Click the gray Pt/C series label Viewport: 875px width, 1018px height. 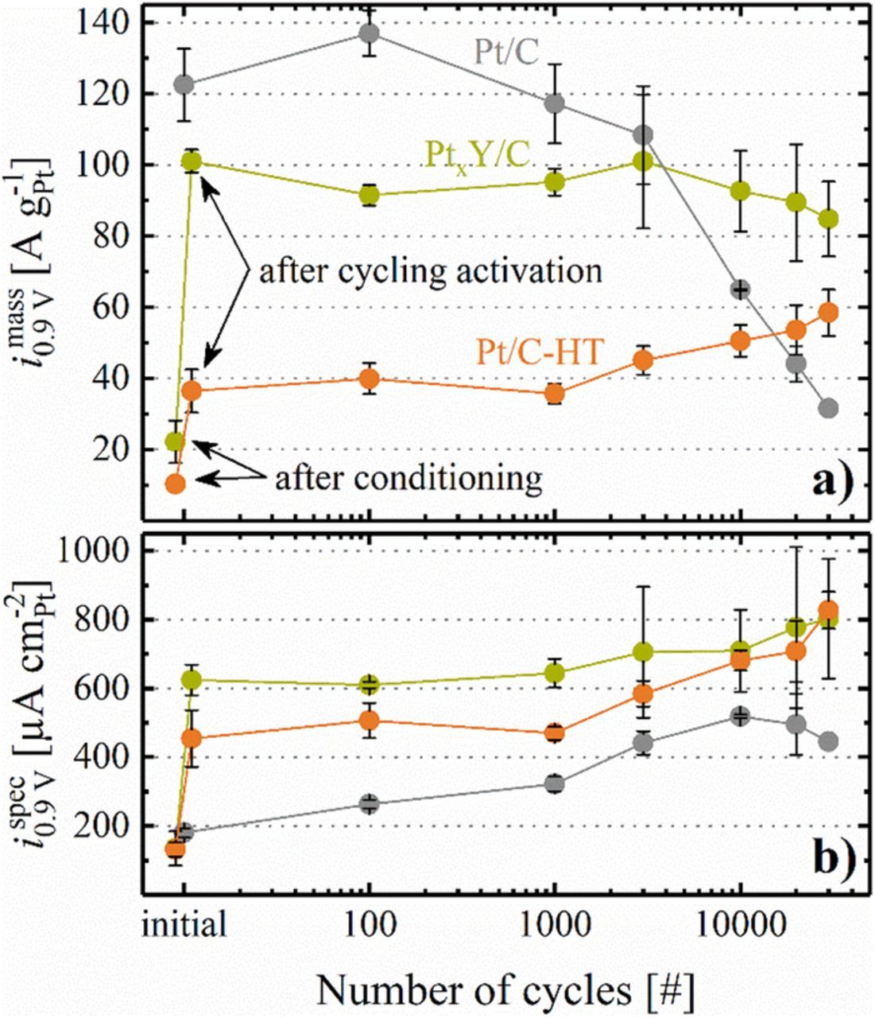[507, 53]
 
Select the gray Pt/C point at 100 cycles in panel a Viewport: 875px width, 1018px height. [369, 33]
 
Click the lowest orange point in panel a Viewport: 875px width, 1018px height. [175, 484]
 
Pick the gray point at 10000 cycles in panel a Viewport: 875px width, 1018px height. [740, 289]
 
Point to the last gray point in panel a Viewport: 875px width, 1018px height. [828, 408]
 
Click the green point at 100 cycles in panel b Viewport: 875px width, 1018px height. [369, 684]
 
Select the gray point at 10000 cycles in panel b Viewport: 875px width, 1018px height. [740, 716]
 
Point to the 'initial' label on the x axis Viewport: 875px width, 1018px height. [185, 924]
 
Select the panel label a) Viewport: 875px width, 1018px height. [830, 483]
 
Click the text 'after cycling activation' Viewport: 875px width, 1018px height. [430, 271]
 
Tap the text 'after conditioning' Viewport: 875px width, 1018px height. [408, 478]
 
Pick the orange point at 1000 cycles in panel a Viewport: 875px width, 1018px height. [555, 393]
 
